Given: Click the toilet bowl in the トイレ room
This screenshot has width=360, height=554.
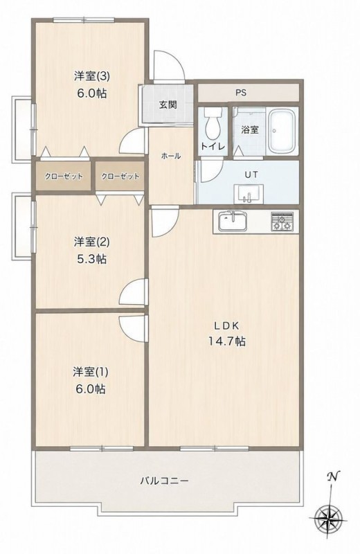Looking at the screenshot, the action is [x=212, y=124].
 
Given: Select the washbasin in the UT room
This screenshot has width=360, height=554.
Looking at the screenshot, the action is [x=249, y=194].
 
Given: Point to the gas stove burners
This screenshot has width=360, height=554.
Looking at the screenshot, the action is [x=282, y=221].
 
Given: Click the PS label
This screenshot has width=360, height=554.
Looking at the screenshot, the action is [x=241, y=93].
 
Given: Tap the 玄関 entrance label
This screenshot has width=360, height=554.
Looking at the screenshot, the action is [x=168, y=105].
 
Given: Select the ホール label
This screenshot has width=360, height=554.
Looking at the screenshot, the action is [x=171, y=156].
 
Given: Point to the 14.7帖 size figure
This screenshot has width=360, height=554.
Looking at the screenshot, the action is [x=227, y=341].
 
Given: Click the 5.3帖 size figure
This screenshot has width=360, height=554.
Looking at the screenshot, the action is [x=91, y=259].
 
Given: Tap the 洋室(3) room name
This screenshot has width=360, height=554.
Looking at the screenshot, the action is [x=91, y=75].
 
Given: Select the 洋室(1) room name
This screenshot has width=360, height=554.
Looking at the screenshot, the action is [x=91, y=372].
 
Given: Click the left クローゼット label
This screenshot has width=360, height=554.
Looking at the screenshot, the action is [x=64, y=177].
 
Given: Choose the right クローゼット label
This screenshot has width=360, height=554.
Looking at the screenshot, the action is [x=120, y=177].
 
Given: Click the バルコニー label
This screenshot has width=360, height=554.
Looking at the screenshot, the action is [x=164, y=481].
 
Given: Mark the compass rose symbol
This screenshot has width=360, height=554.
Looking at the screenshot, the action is [x=327, y=518].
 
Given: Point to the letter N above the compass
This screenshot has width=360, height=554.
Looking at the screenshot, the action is [x=332, y=476].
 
